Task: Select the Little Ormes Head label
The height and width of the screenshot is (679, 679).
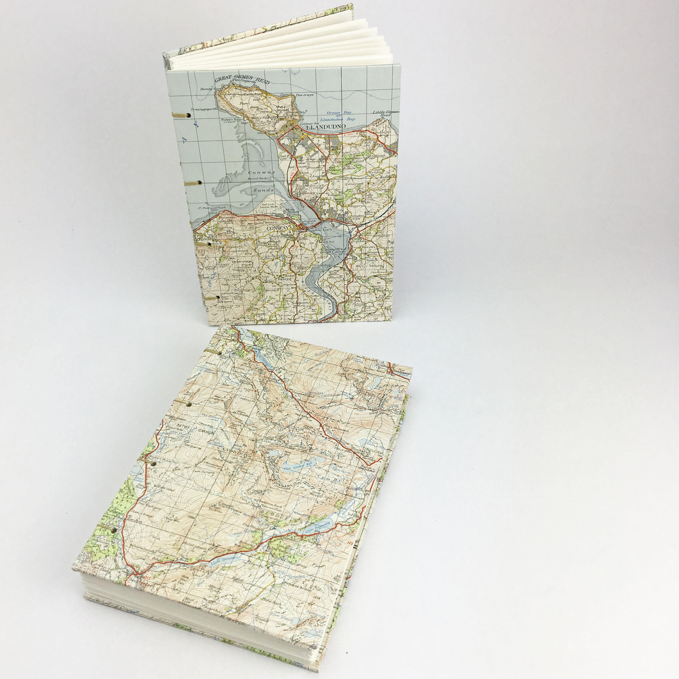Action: [x=386, y=113]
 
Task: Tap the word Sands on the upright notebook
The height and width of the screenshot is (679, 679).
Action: [x=263, y=190]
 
